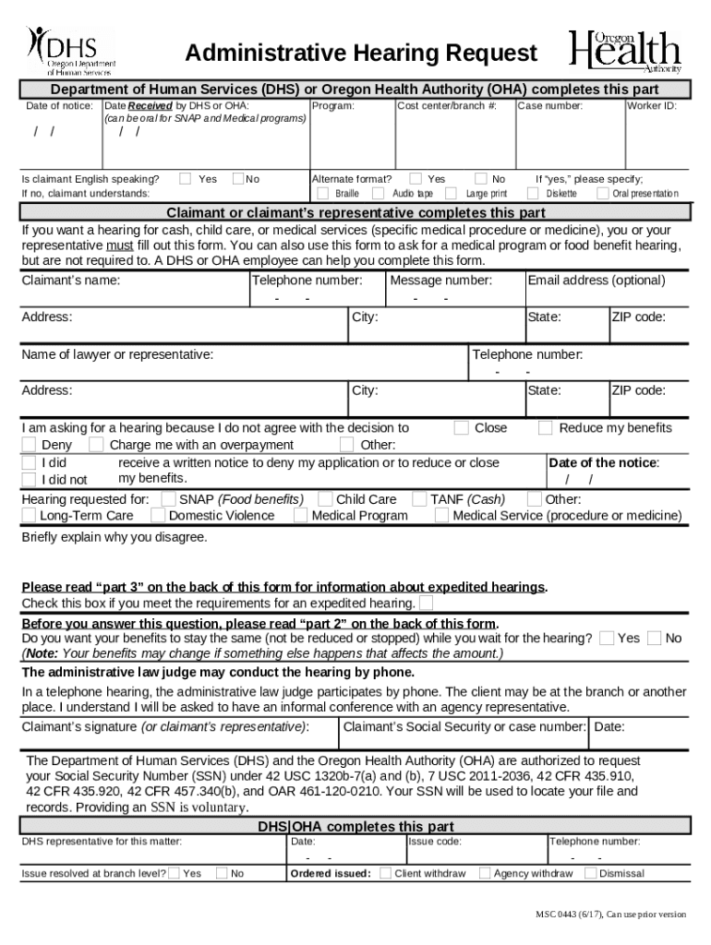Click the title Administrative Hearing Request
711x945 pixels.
360,54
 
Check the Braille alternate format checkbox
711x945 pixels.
322,194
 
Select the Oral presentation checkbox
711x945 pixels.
603,194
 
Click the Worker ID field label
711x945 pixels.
652,106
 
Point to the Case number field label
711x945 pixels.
550,106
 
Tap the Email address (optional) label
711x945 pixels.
596,280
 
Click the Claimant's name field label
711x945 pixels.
71,280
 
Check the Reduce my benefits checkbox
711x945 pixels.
545,427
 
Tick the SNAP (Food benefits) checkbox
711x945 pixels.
168,499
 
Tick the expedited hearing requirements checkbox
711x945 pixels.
426,604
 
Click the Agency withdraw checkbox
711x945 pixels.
484,873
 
